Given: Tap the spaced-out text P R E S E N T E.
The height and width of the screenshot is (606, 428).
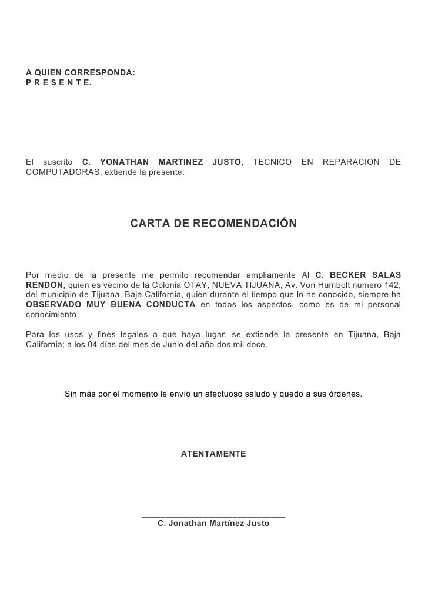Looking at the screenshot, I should [x=59, y=83].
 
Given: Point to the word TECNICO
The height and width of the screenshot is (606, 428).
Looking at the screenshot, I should [x=272, y=162].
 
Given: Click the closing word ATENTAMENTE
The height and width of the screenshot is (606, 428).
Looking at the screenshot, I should [x=213, y=454].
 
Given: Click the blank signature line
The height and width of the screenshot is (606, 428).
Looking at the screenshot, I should [x=213, y=516].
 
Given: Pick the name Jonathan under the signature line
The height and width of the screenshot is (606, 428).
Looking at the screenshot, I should [x=188, y=523].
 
